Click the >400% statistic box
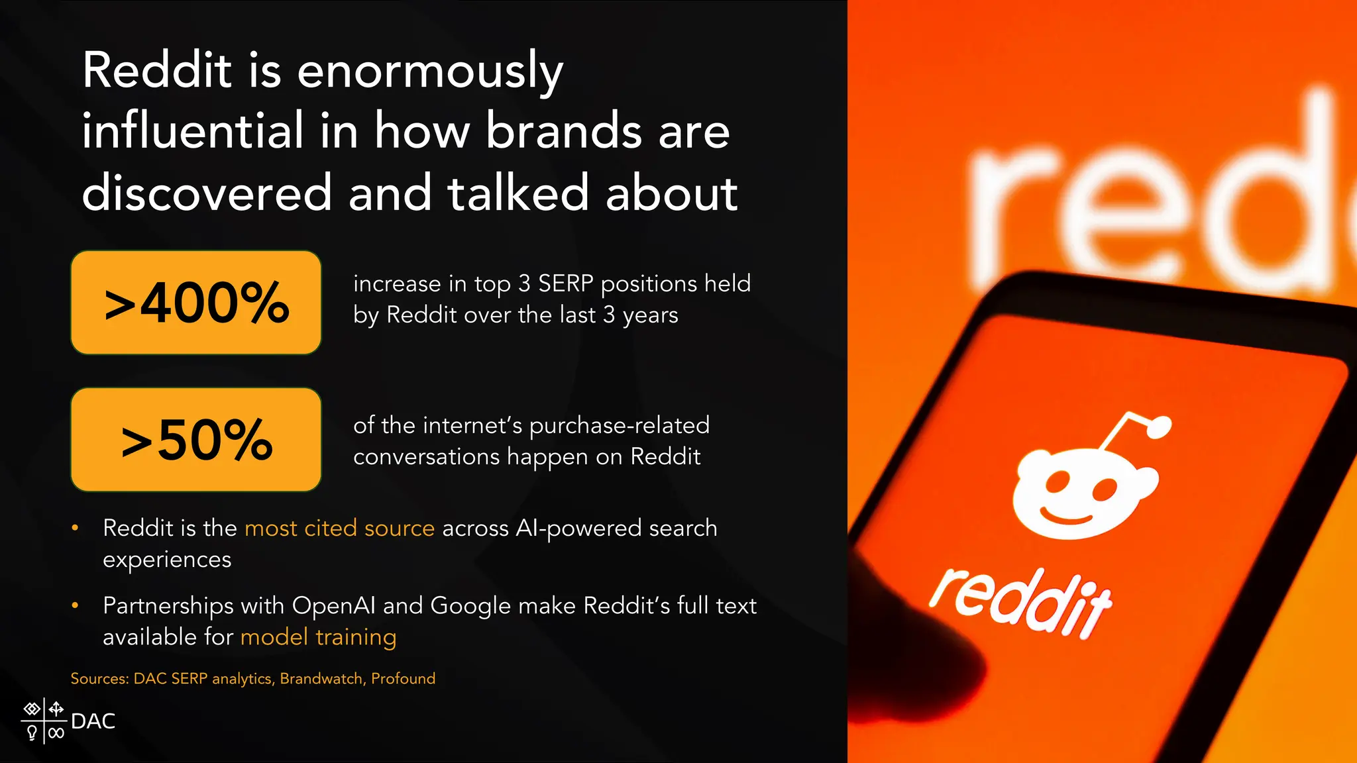tap(196, 303)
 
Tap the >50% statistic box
tap(196, 440)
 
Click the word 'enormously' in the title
tap(430, 71)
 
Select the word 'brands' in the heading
tap(564, 130)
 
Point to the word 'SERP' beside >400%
tap(565, 283)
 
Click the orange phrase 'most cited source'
tap(339, 528)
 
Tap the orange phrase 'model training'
tap(318, 636)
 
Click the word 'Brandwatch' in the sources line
tap(321, 678)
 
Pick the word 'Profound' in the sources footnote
tap(403, 678)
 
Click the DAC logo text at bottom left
tap(93, 721)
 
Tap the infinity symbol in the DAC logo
tap(56, 733)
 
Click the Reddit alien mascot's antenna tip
tap(1158, 427)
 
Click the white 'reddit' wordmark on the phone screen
tap(1021, 603)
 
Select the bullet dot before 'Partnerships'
tap(75, 605)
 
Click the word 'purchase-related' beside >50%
tap(620, 425)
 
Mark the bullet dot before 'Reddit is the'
tap(75, 528)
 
